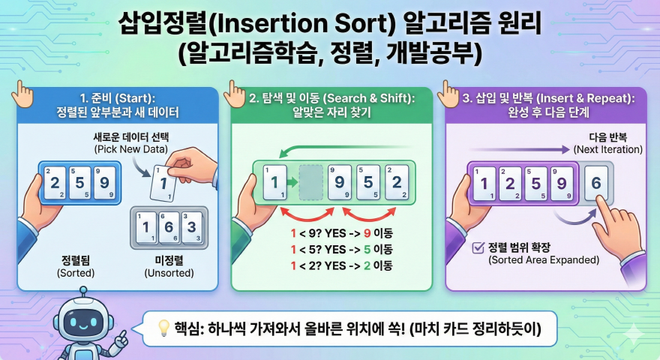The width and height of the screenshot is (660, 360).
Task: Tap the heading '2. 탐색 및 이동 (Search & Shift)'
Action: [331, 98]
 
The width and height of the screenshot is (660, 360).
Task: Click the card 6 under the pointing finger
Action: [596, 183]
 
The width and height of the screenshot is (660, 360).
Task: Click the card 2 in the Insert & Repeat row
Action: [511, 183]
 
